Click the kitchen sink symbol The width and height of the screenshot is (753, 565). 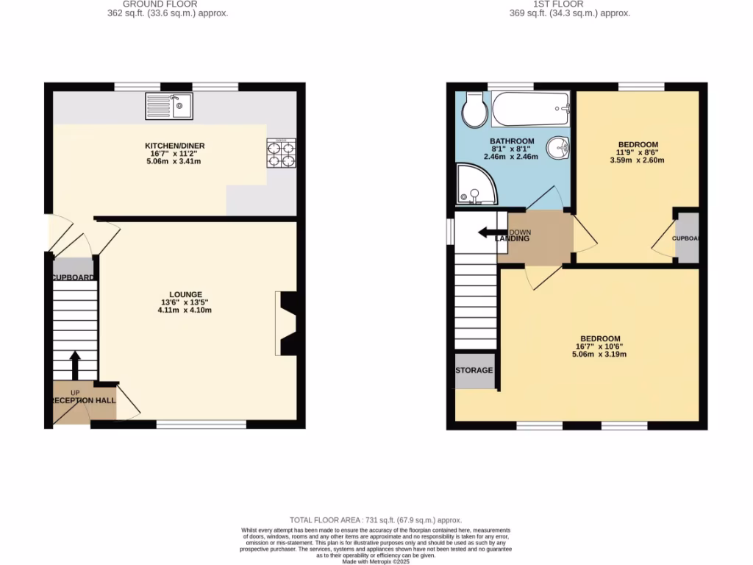169,106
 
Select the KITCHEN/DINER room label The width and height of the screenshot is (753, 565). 174,146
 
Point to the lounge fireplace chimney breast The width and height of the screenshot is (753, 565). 288,323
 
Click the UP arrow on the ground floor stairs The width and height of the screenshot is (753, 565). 75,365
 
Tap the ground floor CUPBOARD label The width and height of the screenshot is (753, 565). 74,277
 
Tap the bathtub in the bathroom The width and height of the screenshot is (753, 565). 531,109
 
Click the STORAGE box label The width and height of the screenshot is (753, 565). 474,370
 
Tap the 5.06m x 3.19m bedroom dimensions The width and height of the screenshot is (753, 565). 598,355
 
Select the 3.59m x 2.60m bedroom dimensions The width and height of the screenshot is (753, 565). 637,160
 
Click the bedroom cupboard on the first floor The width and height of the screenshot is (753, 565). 687,238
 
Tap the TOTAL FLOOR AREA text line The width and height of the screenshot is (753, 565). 376,520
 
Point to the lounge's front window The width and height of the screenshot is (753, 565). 201,424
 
